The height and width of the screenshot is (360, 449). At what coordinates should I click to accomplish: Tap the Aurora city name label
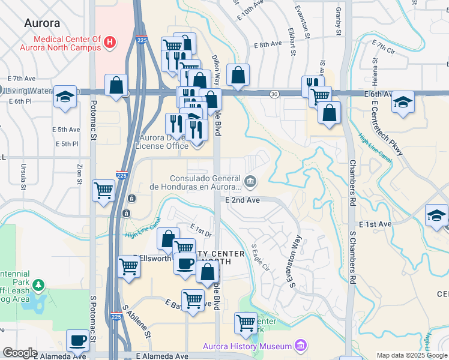(x=42, y=23)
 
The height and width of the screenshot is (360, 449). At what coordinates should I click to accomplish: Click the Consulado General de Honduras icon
(x=250, y=180)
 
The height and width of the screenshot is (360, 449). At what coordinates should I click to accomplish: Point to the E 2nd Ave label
(x=243, y=200)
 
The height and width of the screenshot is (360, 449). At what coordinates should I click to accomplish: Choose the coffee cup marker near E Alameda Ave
(x=78, y=340)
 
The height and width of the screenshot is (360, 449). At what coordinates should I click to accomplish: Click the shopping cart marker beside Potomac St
(x=104, y=191)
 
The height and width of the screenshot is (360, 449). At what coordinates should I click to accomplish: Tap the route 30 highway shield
(x=274, y=94)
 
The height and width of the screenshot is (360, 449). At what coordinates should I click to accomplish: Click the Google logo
(x=20, y=353)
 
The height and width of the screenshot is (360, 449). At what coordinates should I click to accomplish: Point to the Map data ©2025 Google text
(x=411, y=355)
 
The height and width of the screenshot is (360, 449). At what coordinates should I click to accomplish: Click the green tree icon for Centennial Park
(x=38, y=284)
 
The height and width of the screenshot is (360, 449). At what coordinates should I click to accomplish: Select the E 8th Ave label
(x=267, y=44)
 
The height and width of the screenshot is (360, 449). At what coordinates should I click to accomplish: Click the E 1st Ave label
(x=375, y=224)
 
